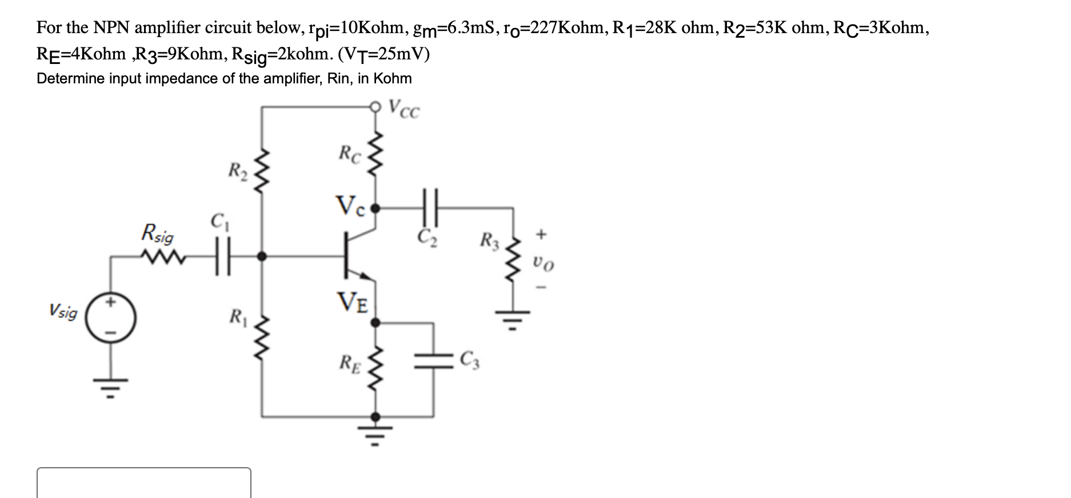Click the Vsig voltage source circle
(111, 319)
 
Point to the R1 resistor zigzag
(262, 339)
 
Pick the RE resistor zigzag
(375, 366)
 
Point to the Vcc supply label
(404, 109)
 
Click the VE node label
(353, 300)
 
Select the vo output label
(542, 264)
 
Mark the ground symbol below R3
(513, 320)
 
